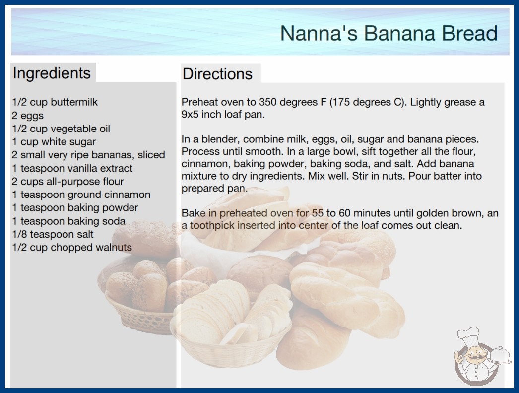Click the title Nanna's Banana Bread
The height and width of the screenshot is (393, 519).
[389, 33]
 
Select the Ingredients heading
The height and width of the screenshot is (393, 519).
[52, 73]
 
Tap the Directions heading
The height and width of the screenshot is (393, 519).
[217, 74]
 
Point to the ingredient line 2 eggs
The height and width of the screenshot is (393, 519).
[28, 116]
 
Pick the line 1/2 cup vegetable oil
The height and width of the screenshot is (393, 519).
[61, 129]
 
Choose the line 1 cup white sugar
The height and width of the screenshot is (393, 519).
[54, 142]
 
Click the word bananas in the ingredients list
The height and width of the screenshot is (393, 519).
[113, 155]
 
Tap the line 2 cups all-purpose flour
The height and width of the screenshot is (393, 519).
[68, 182]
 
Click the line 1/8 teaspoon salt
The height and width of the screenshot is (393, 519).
[53, 234]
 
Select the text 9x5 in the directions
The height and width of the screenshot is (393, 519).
[190, 114]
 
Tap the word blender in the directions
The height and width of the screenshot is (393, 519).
[221, 139]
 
